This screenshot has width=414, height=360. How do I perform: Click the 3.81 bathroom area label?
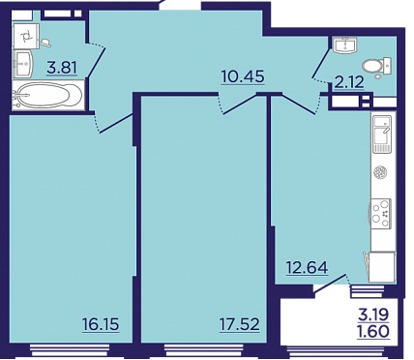[62, 69]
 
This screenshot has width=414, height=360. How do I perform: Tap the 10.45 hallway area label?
[243, 77]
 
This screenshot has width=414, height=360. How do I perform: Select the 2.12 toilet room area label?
[349, 82]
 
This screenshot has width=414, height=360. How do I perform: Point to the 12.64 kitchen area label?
[308, 268]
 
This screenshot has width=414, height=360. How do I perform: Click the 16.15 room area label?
[101, 324]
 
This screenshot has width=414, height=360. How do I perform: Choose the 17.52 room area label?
[240, 324]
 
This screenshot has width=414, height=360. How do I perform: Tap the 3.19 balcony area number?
[374, 314]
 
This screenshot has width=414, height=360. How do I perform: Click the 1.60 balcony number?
[374, 331]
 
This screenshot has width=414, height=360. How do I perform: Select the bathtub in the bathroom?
[47, 95]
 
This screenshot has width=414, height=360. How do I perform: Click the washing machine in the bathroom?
[26, 36]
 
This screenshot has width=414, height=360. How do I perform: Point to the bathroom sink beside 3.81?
[23, 64]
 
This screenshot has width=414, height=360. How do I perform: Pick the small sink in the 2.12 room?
[345, 45]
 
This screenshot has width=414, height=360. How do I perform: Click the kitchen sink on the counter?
[382, 134]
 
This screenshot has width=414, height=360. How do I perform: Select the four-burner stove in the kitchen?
[381, 213]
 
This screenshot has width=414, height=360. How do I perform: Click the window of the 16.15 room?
[70, 349]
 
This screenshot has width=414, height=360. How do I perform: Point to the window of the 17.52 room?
[204, 349]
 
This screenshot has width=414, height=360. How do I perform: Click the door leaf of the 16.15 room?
[117, 123]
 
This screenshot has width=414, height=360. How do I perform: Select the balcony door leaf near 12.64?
[331, 285]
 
